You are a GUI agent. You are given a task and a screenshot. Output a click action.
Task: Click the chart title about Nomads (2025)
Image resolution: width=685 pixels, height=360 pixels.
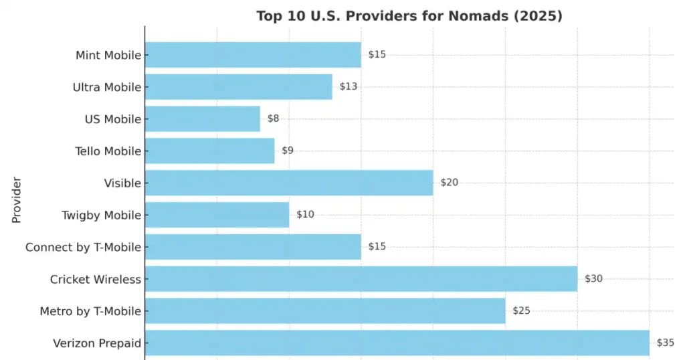pyautogui.click(x=409, y=16)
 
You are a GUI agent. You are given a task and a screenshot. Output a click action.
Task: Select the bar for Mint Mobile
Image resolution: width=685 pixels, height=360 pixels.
pyautogui.click(x=253, y=55)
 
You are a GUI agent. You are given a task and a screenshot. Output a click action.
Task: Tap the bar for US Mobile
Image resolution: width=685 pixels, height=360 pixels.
pyautogui.click(x=202, y=119)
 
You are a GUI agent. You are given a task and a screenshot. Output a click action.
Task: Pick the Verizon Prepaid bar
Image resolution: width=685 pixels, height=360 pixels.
pyautogui.click(x=397, y=343)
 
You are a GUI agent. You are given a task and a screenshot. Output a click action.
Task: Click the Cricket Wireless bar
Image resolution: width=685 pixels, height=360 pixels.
pyautogui.click(x=361, y=279)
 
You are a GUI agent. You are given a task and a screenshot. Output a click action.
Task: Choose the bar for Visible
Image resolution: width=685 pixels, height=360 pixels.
pyautogui.click(x=289, y=183)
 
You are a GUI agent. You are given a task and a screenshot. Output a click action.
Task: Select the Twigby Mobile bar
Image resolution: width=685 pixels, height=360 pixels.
pyautogui.click(x=217, y=215)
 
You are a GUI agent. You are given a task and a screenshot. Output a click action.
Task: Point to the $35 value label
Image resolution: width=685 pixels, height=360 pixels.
pyautogui.click(x=665, y=343)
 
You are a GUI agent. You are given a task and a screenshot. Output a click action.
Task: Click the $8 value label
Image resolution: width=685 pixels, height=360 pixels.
pyautogui.click(x=273, y=119)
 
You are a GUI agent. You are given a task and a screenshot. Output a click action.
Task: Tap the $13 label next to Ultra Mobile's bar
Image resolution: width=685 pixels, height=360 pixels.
pyautogui.click(x=348, y=87)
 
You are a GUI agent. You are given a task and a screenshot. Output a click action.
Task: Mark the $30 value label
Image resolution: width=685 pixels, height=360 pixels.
pyautogui.click(x=593, y=279)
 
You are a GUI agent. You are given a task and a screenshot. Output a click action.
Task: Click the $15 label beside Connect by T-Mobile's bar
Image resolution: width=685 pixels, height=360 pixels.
pyautogui.click(x=377, y=247)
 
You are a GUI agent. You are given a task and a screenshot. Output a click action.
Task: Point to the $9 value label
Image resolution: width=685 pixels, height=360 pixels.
pyautogui.click(x=287, y=151)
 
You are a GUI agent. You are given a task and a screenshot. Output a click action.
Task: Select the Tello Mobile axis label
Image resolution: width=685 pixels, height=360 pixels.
pyautogui.click(x=108, y=151)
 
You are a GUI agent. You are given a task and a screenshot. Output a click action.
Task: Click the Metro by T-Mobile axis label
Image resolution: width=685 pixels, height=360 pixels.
pyautogui.click(x=90, y=311)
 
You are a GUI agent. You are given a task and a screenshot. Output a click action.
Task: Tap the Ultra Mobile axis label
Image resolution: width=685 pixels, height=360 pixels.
pyautogui.click(x=106, y=87)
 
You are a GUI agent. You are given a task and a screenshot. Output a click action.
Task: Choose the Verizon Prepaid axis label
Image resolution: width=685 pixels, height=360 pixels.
pyautogui.click(x=97, y=343)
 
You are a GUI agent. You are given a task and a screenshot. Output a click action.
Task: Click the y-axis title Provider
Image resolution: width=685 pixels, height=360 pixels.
pyautogui.click(x=17, y=200)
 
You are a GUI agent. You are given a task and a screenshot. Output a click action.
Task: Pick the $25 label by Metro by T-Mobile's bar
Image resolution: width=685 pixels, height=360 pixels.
pyautogui.click(x=521, y=311)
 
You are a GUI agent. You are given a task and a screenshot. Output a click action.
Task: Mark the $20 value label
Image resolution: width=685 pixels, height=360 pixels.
pyautogui.click(x=449, y=183)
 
